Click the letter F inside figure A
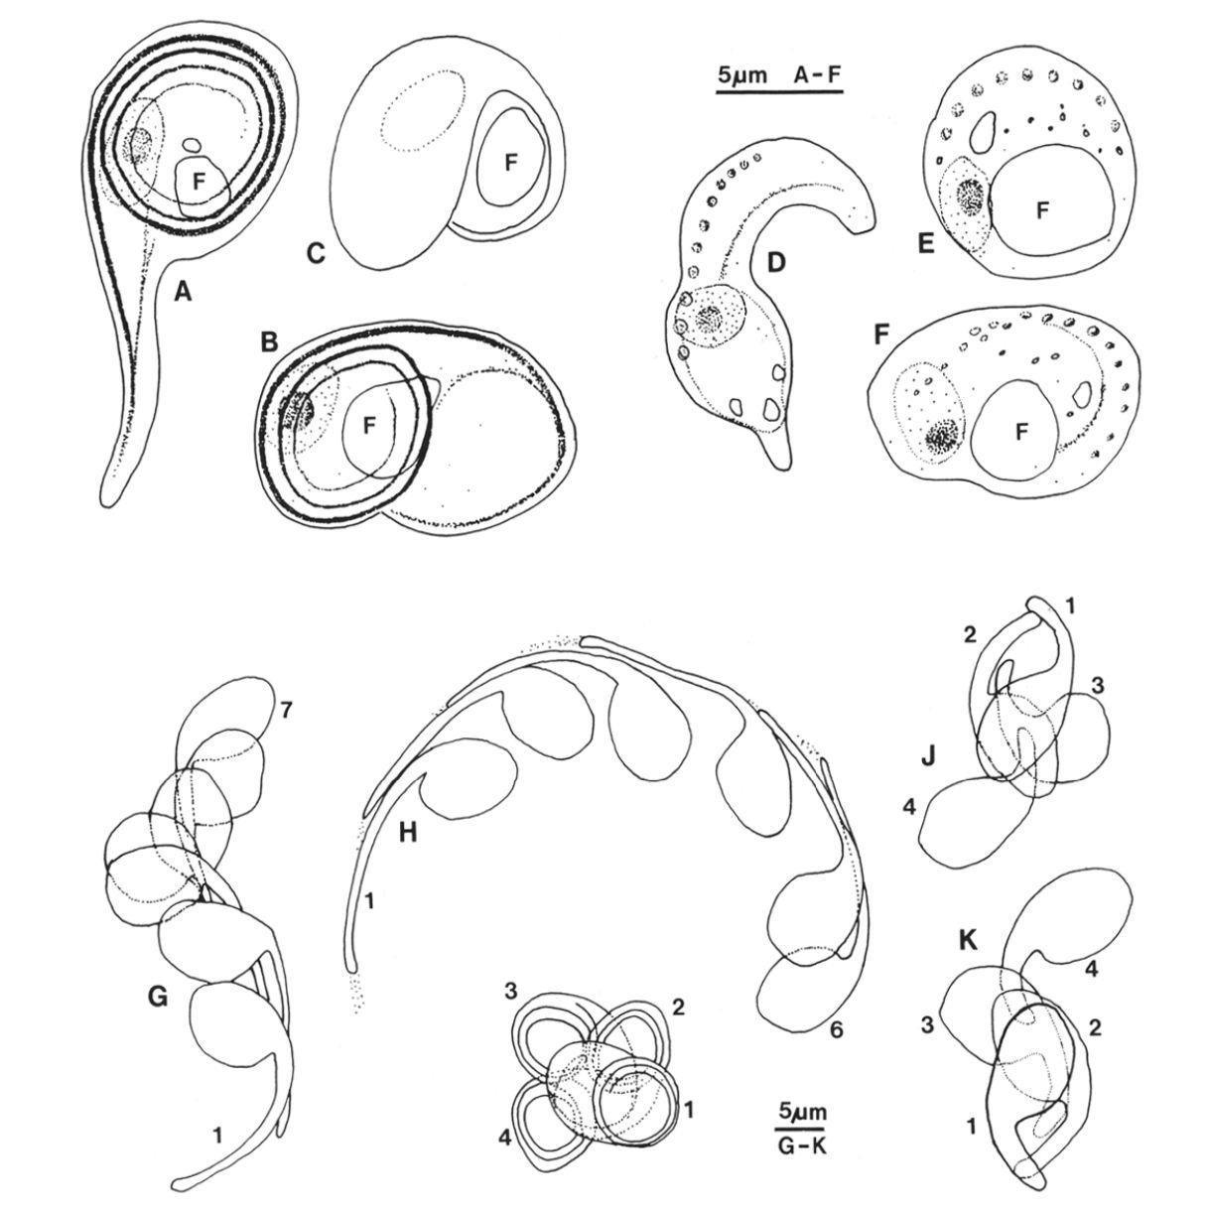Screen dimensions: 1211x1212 tap(199, 182)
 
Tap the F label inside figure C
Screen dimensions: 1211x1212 tap(511, 164)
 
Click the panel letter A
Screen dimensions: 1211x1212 tap(183, 292)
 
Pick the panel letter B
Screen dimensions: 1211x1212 tap(269, 341)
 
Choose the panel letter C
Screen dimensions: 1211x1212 tap(316, 253)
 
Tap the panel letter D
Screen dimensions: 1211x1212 tap(777, 261)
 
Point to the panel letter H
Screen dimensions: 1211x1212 tap(409, 834)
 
